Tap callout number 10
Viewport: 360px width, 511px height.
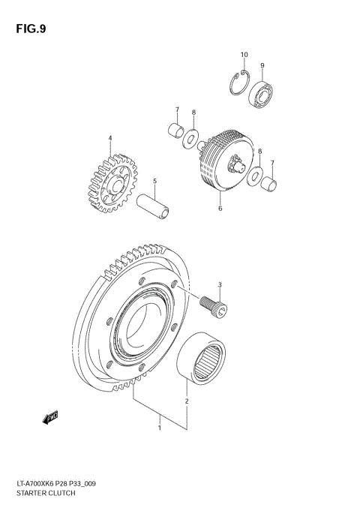pyautogui.click(x=244, y=55)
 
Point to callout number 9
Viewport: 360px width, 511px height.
pyautogui.click(x=262, y=65)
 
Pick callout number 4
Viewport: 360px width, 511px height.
pyautogui.click(x=110, y=138)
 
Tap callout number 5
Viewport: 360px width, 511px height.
pyautogui.click(x=154, y=180)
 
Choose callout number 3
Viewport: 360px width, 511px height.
pyautogui.click(x=220, y=284)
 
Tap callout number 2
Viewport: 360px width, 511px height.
pyautogui.click(x=186, y=401)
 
